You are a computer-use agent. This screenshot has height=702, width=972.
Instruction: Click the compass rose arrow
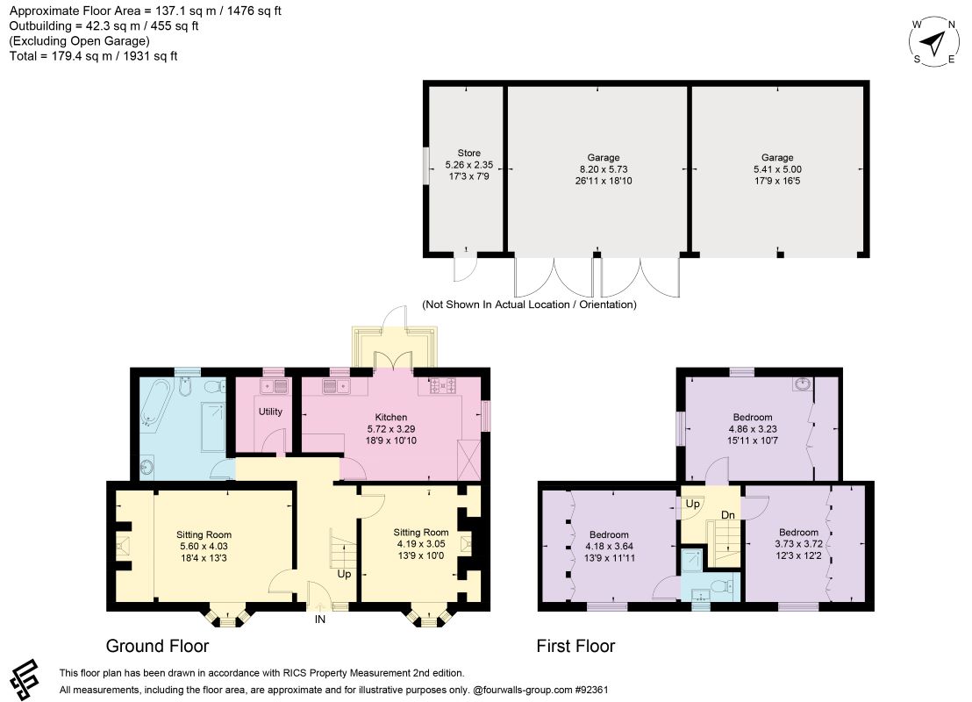pyautogui.click(x=933, y=43)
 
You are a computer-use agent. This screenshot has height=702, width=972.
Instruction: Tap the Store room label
pyautogui.click(x=469, y=153)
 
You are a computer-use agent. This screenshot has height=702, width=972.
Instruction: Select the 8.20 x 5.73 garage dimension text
pyautogui.click(x=604, y=169)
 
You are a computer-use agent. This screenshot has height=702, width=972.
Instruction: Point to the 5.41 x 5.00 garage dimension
pyautogui.click(x=777, y=169)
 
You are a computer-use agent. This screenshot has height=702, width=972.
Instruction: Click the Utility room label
pyautogui.click(x=270, y=412)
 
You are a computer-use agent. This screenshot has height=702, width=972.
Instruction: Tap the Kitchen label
pyautogui.click(x=391, y=418)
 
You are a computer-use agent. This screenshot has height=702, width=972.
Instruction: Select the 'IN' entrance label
pyautogui.click(x=320, y=619)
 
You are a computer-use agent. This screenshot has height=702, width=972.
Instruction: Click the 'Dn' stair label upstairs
pyautogui.click(x=728, y=515)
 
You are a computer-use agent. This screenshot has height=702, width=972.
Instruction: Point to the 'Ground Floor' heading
pyautogui.click(x=157, y=646)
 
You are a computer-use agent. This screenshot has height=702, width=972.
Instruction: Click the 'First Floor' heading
pyautogui.click(x=575, y=646)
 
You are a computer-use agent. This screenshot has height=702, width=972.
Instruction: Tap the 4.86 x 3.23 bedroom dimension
pyautogui.click(x=753, y=429)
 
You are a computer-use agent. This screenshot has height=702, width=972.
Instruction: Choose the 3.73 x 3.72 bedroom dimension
pyautogui.click(x=798, y=544)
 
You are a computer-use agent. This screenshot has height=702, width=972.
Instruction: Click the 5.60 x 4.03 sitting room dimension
pyautogui.click(x=204, y=547)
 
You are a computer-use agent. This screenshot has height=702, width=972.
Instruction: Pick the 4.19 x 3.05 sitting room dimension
pyautogui.click(x=421, y=544)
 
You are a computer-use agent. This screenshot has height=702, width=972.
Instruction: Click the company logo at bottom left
pyautogui.click(x=25, y=679)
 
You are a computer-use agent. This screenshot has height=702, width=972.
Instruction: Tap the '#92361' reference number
pyautogui.click(x=591, y=690)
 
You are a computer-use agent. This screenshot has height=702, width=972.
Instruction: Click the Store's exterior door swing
pyautogui.click(x=465, y=268)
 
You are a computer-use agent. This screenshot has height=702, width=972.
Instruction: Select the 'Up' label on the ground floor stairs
pyautogui.click(x=344, y=574)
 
